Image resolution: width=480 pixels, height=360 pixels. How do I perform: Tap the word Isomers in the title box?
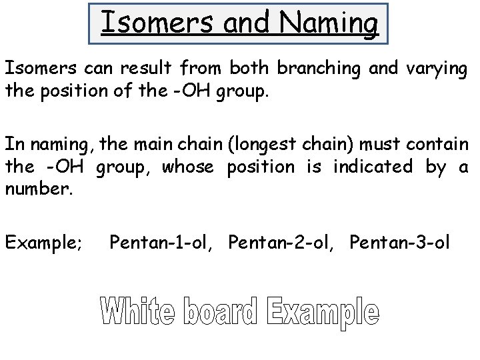141,24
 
